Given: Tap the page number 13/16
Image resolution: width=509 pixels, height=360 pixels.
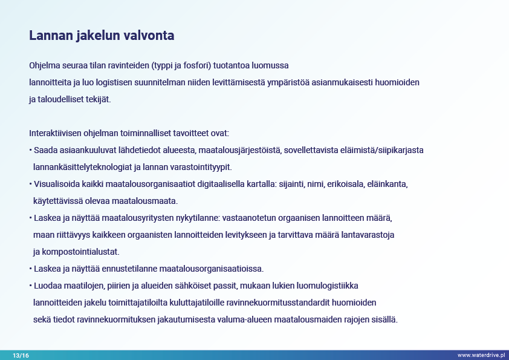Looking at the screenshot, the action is [x=21, y=355].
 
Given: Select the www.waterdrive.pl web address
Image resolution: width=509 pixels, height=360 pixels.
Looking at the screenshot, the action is [x=481, y=355].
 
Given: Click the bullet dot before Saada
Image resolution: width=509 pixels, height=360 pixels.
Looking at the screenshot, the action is [x=30, y=150].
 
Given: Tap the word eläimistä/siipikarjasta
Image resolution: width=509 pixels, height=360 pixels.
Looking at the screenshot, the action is [x=382, y=150].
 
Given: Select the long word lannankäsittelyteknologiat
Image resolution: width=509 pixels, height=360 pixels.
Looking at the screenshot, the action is [x=82, y=168].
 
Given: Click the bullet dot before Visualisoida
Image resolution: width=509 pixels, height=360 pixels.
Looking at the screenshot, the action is [x=30, y=184].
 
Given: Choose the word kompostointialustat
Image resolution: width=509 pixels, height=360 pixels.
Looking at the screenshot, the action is [x=80, y=252].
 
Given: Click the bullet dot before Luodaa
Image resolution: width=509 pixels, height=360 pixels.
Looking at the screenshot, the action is [x=30, y=286].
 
